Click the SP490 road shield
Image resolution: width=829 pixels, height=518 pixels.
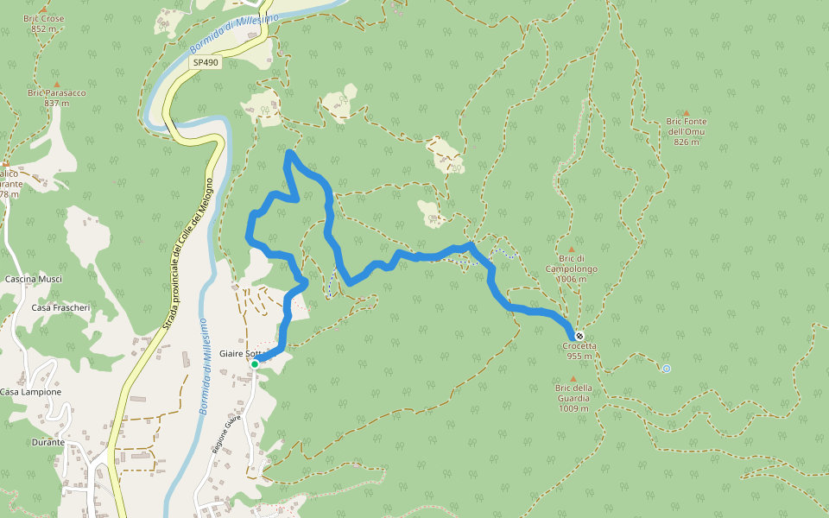pos(206,62)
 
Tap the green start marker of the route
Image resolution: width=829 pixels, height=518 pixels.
pos(255,364)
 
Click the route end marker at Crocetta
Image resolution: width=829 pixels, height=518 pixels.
pos(579,336)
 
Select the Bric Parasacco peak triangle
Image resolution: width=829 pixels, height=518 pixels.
pos(57,84)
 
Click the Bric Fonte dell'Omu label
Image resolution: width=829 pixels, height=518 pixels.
pos(687,131)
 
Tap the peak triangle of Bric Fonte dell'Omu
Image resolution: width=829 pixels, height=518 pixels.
pos(687,113)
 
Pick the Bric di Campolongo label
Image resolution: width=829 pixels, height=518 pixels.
pos(571,274)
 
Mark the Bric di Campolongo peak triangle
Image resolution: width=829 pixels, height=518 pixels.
pos(571,250)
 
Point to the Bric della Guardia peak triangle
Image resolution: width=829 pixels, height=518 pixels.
pos(573,378)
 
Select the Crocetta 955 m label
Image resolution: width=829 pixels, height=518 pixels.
pos(579,351)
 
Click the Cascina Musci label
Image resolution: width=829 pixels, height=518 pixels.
pos(34,280)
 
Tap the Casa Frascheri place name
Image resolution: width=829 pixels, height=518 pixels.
pos(60,307)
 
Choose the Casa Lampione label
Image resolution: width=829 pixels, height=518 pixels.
pos(30,392)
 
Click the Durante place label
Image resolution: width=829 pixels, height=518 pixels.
pos(47,442)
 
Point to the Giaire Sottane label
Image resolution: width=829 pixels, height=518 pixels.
pos(239,354)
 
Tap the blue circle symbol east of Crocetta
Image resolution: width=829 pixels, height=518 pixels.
pos(666,369)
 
